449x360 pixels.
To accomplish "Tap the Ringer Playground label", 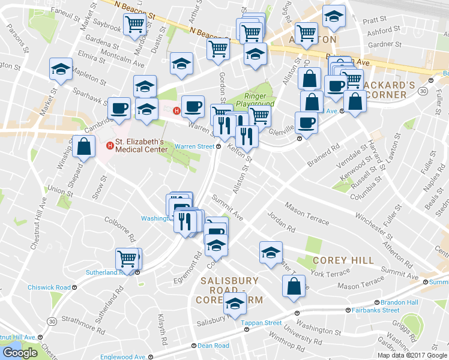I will coord(259,100).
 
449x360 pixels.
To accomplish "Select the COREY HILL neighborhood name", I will coord(343,260).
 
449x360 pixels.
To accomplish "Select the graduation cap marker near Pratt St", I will coord(334,16).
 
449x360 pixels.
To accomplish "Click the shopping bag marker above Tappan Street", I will coord(294,286).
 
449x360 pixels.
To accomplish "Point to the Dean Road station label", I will coord(213,346).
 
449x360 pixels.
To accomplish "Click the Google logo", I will coord(20,352).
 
